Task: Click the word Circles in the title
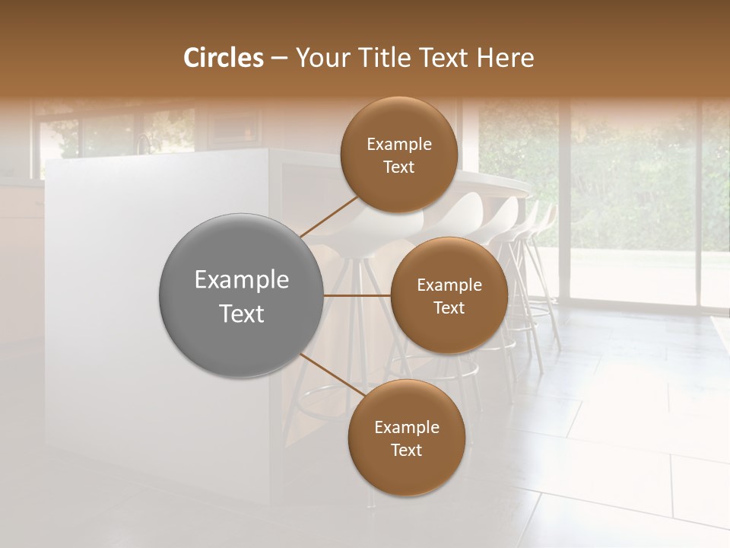click(223, 58)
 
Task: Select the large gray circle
click(241, 295)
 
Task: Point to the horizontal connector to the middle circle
click(357, 295)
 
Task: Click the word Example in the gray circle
click(241, 280)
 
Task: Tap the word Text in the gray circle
click(241, 314)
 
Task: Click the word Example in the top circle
click(398, 145)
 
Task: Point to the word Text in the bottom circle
click(406, 450)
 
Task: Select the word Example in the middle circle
click(449, 285)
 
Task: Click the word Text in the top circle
click(398, 167)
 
